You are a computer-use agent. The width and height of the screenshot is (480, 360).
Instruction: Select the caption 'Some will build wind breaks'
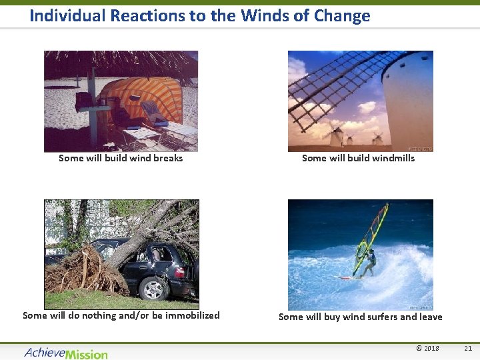121,158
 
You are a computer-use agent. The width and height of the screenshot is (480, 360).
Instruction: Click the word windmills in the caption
392,158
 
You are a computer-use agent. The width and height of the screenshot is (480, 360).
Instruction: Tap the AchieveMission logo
65,352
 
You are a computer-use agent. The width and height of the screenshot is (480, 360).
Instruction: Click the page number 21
467,348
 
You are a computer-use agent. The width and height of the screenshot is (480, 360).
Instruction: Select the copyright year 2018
431,348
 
